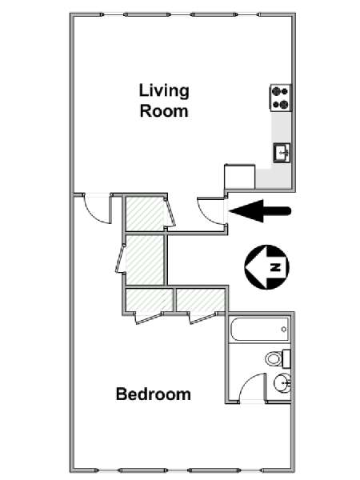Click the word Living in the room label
click(164, 91)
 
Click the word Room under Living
click(164, 111)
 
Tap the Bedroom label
click(154, 394)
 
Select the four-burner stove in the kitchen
click(281, 98)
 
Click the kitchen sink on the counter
click(282, 153)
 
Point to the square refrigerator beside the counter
click(240, 177)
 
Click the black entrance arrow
click(260, 211)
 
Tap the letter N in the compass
click(275, 267)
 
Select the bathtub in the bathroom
click(259, 330)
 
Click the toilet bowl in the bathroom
click(274, 358)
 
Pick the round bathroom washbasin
click(282, 383)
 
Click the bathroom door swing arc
click(249, 382)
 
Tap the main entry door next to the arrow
click(211, 211)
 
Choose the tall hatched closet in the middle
click(145, 259)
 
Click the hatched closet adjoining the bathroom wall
click(201, 300)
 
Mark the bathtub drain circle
click(284, 330)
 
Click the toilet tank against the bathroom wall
click(286, 358)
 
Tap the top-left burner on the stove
click(277, 91)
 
